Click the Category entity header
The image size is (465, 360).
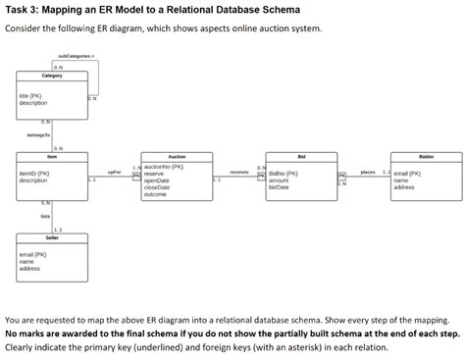coord(52,76)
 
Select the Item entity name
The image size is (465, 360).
coord(52,156)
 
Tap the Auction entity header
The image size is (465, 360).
coord(177,156)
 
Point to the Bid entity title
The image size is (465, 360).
coord(302,156)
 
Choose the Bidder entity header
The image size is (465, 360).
coord(425,156)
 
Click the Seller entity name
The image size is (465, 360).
coord(52,238)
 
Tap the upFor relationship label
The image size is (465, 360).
coord(114,173)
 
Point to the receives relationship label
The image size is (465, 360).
coord(238,173)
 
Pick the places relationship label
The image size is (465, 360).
coord(368,173)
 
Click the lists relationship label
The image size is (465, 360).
coord(45,216)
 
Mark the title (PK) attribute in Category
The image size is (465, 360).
coord(30,95)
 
